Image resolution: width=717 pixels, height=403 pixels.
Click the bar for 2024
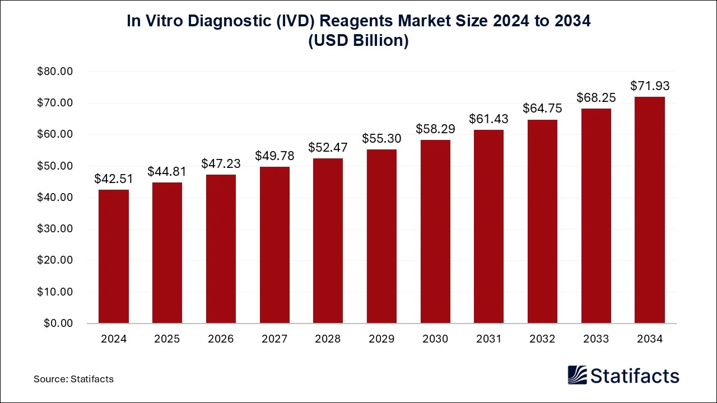(x=114, y=256)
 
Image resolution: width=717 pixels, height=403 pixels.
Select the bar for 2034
(x=650, y=210)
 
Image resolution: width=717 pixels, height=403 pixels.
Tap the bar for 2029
(x=381, y=236)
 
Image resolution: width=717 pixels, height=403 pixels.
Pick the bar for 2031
(x=488, y=227)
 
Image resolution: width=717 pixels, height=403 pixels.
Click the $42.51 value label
(x=114, y=179)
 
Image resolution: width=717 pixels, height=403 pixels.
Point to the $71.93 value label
(x=650, y=86)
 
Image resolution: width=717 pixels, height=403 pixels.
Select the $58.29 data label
(x=435, y=129)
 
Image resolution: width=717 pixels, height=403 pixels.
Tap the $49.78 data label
(x=274, y=156)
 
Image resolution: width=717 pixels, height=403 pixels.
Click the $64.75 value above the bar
(x=542, y=109)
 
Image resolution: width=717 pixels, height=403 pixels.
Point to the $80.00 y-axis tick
(x=55, y=72)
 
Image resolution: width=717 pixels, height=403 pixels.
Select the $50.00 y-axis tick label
(x=55, y=166)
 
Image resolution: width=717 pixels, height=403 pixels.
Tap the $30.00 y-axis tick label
(x=55, y=229)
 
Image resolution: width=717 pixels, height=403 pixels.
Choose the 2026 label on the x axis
(x=221, y=339)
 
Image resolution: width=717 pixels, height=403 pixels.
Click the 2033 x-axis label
(x=596, y=339)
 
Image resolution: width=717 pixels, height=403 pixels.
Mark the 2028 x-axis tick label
(x=328, y=339)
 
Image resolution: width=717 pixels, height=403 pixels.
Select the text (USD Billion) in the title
(x=358, y=41)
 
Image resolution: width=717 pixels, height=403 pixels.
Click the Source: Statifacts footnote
(x=73, y=379)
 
